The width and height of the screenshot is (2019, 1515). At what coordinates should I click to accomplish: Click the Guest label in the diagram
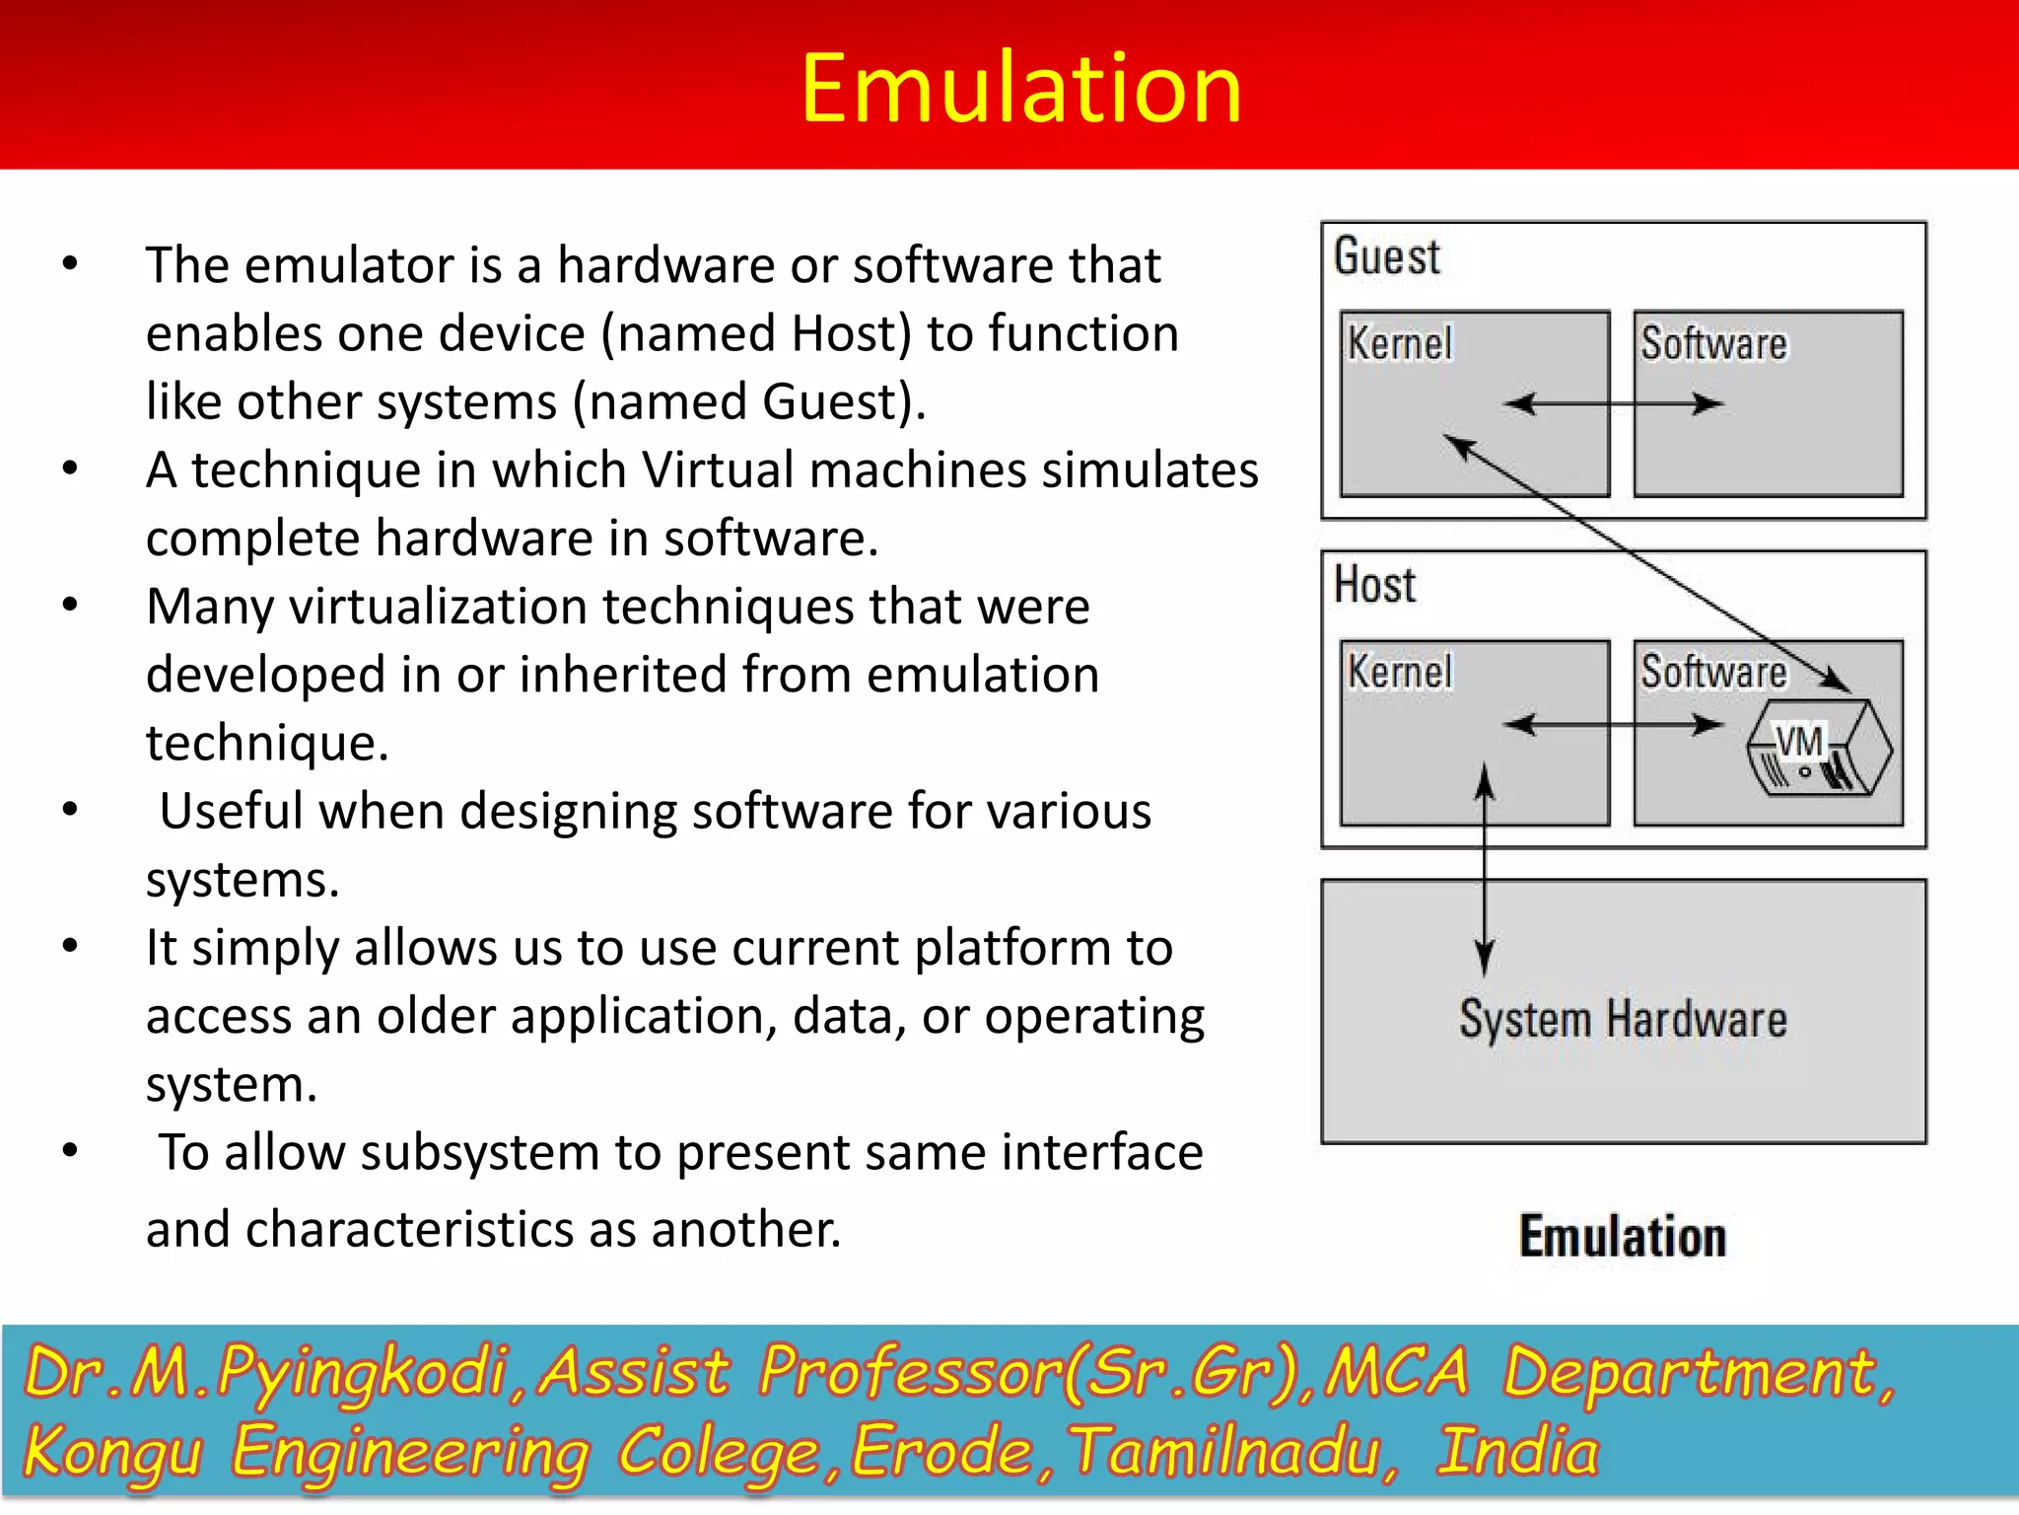tap(1386, 256)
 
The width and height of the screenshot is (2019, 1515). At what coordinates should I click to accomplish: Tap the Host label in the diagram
tap(1374, 584)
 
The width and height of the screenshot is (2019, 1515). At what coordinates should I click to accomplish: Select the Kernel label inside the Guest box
tap(1400, 344)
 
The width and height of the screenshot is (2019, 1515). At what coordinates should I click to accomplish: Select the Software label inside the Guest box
tap(1713, 344)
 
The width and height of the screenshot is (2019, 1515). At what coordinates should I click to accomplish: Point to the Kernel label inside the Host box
tap(1400, 672)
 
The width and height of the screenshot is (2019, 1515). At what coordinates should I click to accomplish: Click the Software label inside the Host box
tap(1713, 672)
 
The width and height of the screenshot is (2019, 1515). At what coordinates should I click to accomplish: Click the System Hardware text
tap(1623, 1019)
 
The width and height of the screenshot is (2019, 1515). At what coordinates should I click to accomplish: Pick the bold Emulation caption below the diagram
tap(1623, 1237)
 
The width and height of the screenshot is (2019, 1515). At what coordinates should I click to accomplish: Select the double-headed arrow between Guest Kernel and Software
tap(1613, 403)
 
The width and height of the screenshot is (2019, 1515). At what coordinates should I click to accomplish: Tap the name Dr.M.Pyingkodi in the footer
tap(266, 1373)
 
